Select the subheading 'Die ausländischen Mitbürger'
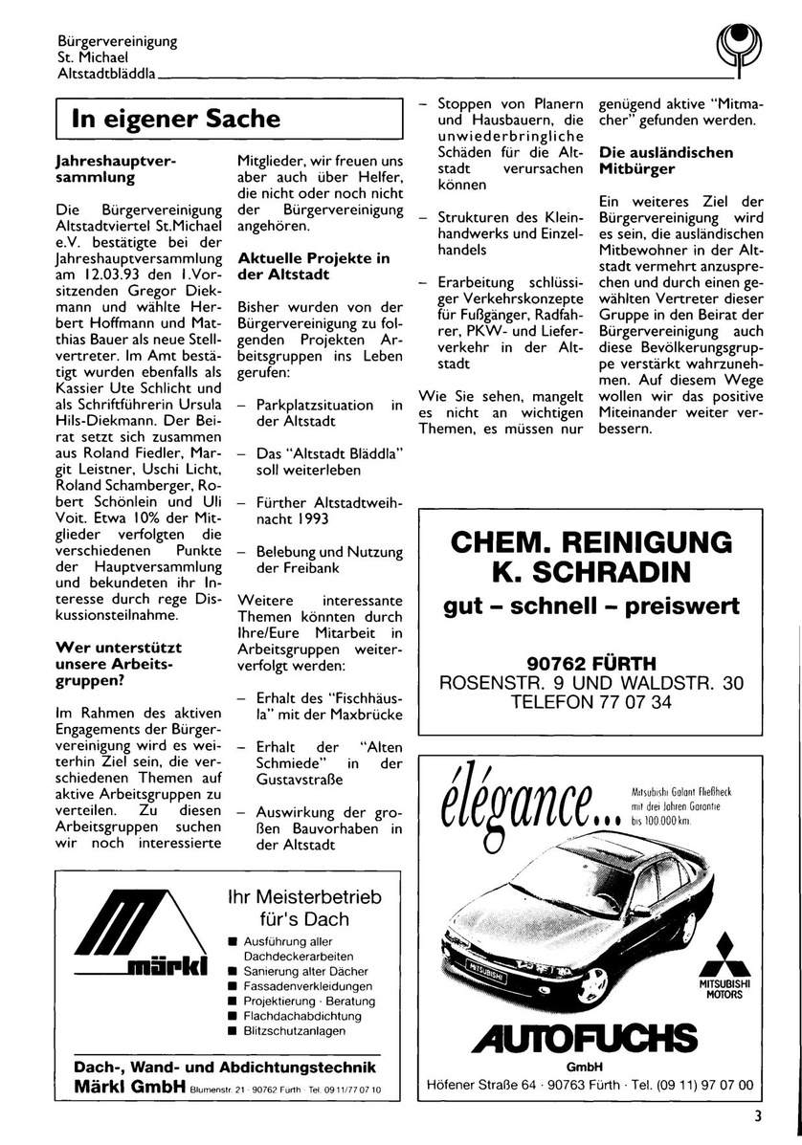click(x=666, y=161)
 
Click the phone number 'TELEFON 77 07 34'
click(x=591, y=701)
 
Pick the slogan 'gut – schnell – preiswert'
click(x=591, y=606)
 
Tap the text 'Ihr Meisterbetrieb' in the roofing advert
click(x=303, y=898)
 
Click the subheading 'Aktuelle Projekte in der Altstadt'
click(x=313, y=266)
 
